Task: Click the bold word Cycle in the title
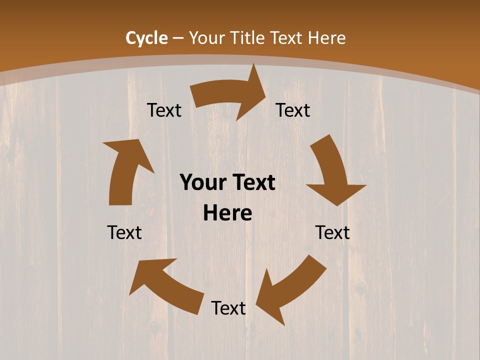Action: coord(146,38)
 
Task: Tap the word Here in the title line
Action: coord(326,38)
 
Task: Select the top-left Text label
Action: coord(164,110)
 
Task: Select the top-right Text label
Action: coord(293,110)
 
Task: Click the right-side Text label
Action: coord(332,232)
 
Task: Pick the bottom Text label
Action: coord(228,308)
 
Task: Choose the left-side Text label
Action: coord(124,232)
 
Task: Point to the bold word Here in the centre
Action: coord(227,213)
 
